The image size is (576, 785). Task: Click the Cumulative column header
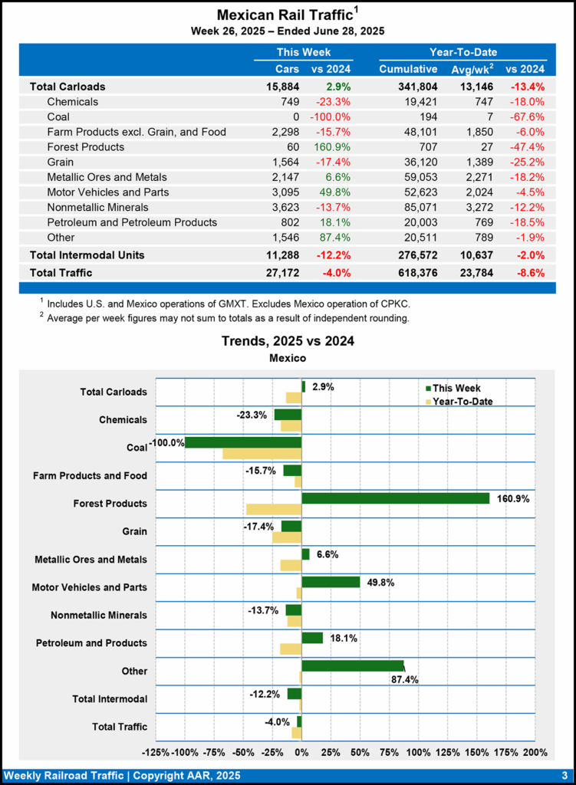408,70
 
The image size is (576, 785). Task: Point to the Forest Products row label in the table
85,146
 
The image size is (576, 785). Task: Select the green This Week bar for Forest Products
395,498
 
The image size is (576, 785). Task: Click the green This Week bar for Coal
243,442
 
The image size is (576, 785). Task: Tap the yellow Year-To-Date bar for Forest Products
274,510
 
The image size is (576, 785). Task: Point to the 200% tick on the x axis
535,752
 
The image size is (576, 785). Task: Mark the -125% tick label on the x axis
156,752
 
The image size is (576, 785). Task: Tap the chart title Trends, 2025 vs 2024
288,341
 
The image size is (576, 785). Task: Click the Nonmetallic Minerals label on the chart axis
99,615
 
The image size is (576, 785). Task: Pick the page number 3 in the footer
564,775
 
